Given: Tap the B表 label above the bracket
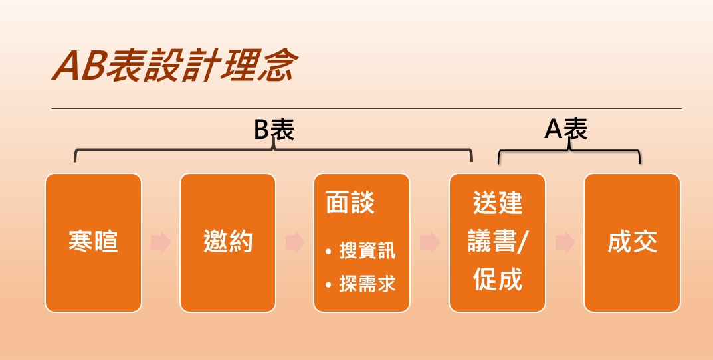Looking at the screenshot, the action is point(274,130).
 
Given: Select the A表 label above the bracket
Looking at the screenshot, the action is point(566,130).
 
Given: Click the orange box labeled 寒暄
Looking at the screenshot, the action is point(93,242).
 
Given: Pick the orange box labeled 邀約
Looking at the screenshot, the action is point(228,242).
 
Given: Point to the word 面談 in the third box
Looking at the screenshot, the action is point(350,203).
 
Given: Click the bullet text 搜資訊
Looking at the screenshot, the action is point(367,251).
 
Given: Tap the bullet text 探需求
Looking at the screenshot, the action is point(367,284).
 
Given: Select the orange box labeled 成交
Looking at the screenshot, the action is point(632,242).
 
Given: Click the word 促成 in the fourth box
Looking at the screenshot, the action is point(498,279).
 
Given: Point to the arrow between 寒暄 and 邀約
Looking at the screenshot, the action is point(161,242).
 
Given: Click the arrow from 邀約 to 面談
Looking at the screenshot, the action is point(295,242).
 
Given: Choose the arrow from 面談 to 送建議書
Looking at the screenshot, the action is point(430,242).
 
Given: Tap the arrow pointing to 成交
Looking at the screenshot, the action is point(565,242).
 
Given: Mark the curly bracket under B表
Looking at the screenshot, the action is point(273,149).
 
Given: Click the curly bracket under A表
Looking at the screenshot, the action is point(569,151).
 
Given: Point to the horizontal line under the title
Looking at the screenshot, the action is point(367,109).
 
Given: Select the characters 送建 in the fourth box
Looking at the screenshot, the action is point(498,203).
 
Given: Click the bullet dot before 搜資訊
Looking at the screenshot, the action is point(329,251).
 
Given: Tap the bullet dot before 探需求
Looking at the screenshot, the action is point(329,285).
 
